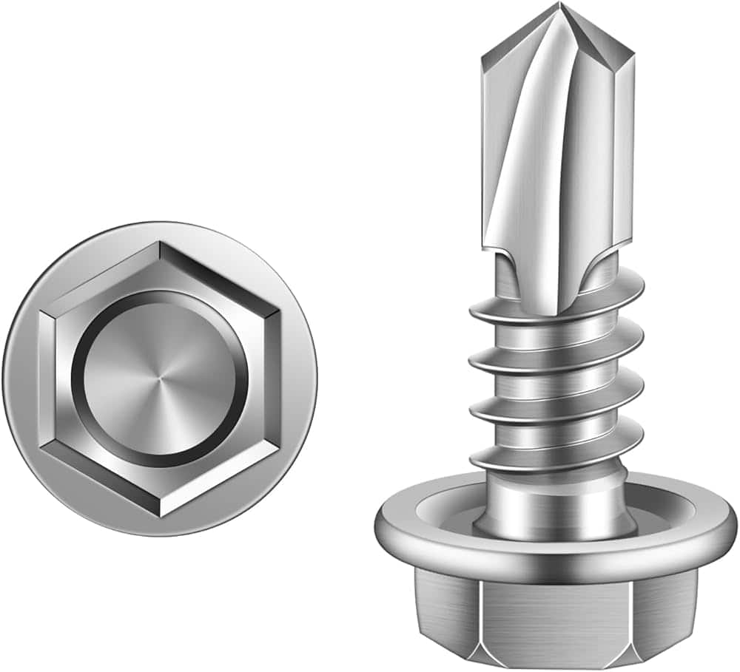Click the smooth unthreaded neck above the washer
555,503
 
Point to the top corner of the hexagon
159,242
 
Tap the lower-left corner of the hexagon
40,447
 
